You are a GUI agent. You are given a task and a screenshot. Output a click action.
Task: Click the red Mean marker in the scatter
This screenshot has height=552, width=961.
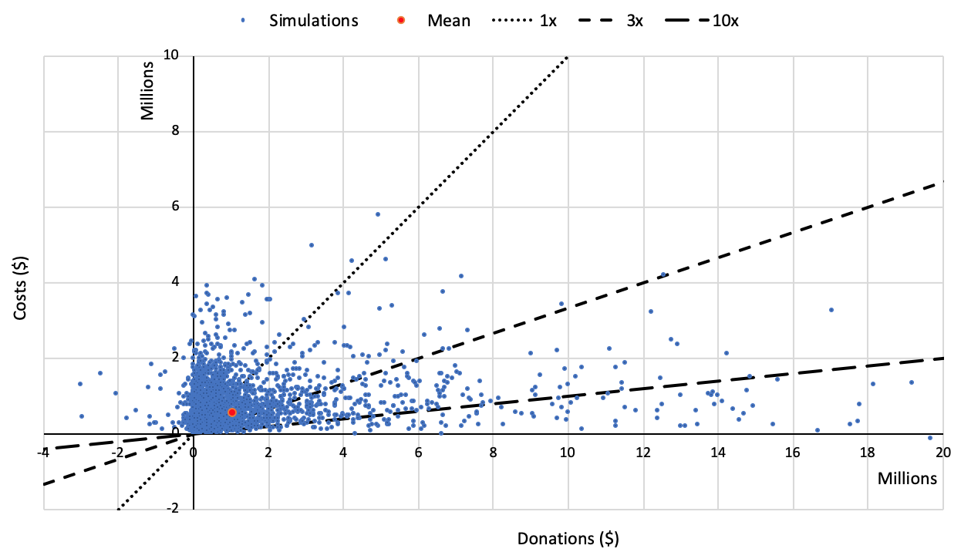pos(232,412)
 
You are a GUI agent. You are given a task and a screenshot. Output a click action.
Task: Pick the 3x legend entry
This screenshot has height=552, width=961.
pos(615,21)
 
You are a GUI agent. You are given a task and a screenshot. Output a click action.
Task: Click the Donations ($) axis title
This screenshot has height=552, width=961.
pos(568,538)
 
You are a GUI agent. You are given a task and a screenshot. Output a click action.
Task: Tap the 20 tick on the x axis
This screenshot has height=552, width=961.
pos(942,453)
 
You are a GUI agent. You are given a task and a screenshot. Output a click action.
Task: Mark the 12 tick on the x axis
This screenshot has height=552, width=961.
pos(642,453)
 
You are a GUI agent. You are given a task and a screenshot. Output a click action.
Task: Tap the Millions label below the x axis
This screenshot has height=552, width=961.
pos(907,478)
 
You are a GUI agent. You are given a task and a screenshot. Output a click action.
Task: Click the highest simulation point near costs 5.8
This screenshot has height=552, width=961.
pos(378,214)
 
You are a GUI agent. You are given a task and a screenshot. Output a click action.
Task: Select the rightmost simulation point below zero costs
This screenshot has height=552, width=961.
pos(930,438)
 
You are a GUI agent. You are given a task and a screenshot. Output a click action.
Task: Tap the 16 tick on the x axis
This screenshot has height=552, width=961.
pos(792,453)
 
